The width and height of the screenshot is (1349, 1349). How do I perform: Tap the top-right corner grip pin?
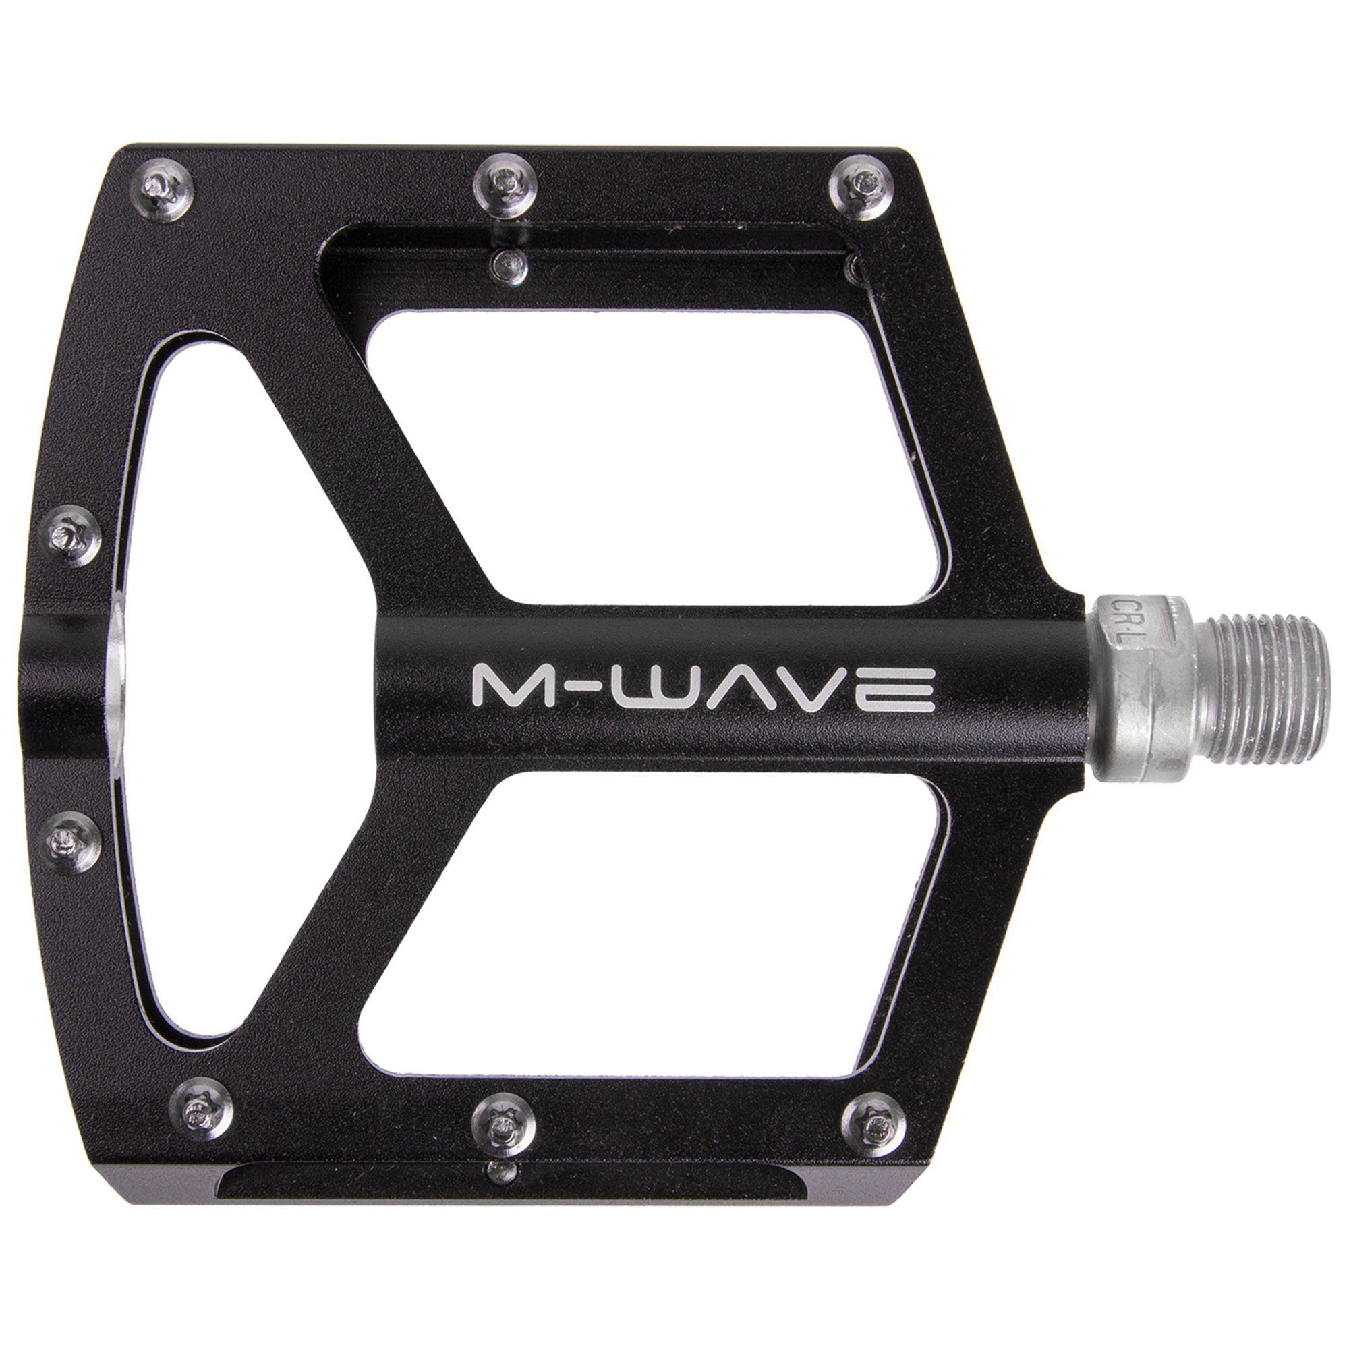pos(861,183)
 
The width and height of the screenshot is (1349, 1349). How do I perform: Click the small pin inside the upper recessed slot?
pos(507,262)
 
